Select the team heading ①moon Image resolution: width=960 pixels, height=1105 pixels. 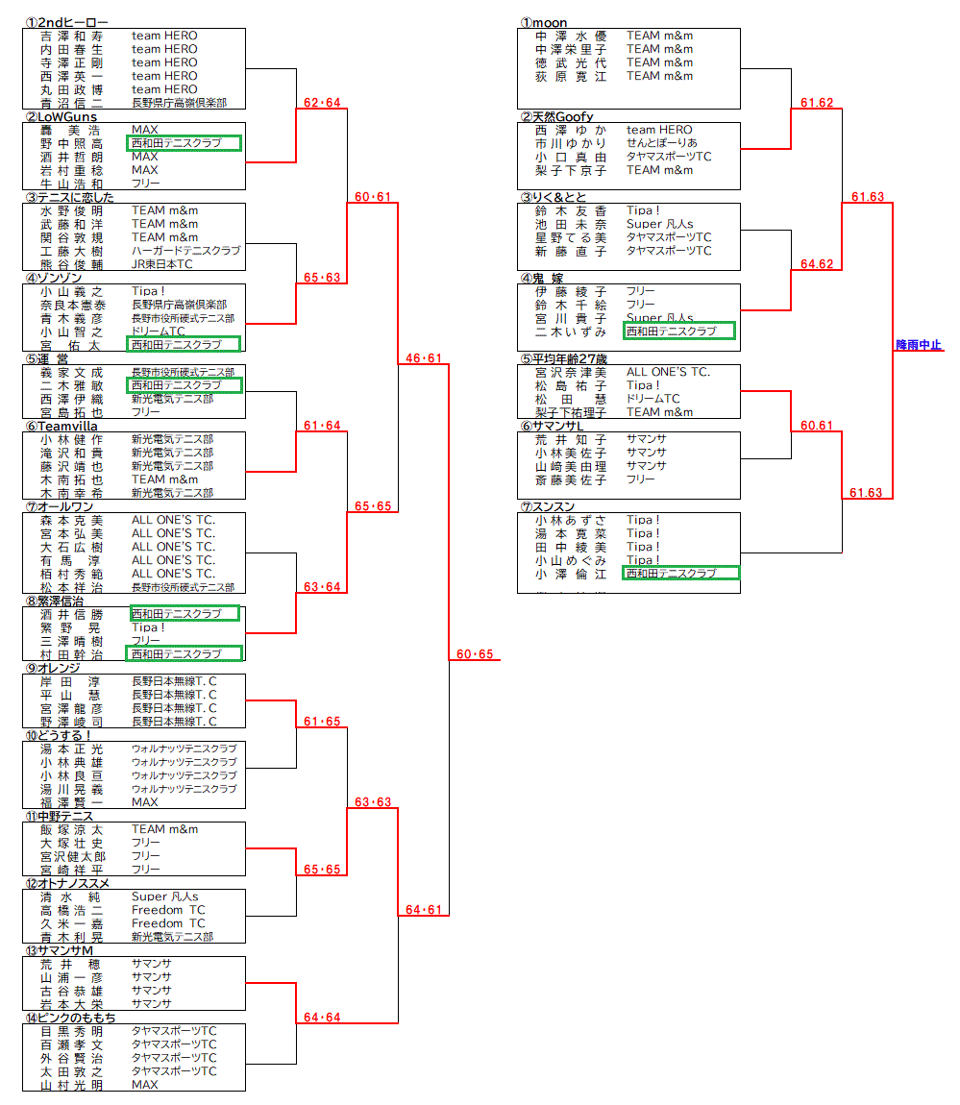(544, 22)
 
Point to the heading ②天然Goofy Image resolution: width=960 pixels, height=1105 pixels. (557, 116)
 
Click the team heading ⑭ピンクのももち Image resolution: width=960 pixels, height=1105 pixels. (70, 1018)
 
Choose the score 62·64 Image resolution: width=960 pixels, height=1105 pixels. (322, 103)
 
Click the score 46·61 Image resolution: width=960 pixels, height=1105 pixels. (424, 358)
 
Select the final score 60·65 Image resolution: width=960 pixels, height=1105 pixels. (475, 654)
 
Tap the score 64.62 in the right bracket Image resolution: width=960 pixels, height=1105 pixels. (817, 264)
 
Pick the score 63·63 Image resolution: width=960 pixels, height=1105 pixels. (373, 802)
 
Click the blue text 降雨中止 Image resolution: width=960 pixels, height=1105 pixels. (918, 345)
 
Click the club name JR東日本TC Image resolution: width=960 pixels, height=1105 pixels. (161, 264)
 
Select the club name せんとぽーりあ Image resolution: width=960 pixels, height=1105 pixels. (662, 143)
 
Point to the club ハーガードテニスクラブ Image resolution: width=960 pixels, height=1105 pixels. (185, 251)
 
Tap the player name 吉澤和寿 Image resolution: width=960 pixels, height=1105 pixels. (71, 36)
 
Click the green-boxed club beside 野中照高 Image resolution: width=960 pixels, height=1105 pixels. (184, 143)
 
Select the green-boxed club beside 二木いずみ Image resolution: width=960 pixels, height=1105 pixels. (678, 331)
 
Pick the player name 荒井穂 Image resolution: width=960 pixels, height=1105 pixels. (69, 964)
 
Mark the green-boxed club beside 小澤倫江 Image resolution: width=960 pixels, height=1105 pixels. (680, 574)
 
